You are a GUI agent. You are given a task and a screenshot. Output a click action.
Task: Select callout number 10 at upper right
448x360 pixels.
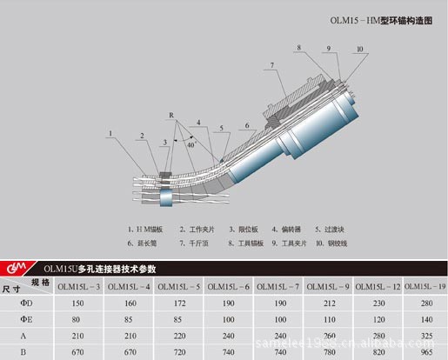[x=359, y=50]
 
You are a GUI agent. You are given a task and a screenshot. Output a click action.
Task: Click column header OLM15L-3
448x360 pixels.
[x=78, y=286]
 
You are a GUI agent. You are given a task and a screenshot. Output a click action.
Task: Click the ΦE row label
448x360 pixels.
[x=27, y=319]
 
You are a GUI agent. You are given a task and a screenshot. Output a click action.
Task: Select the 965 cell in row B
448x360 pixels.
[x=425, y=351]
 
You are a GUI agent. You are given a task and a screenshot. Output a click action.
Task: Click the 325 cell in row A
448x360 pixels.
[x=425, y=336]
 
